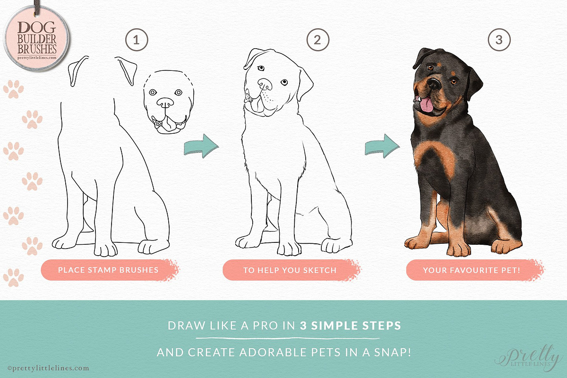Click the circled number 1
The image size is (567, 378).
tap(137, 40)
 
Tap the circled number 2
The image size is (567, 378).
tap(318, 40)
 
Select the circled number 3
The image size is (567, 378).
tap(499, 40)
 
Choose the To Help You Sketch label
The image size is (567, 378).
tap(291, 270)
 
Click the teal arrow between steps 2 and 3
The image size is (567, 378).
tap(382, 146)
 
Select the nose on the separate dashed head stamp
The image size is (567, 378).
tap(165, 102)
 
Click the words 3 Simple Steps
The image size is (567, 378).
tap(351, 326)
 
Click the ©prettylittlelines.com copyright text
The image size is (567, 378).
tap(48, 368)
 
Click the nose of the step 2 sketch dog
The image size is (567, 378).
tap(265, 84)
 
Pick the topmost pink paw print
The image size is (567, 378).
tap(13, 89)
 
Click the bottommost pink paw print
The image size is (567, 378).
tap(13, 277)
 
